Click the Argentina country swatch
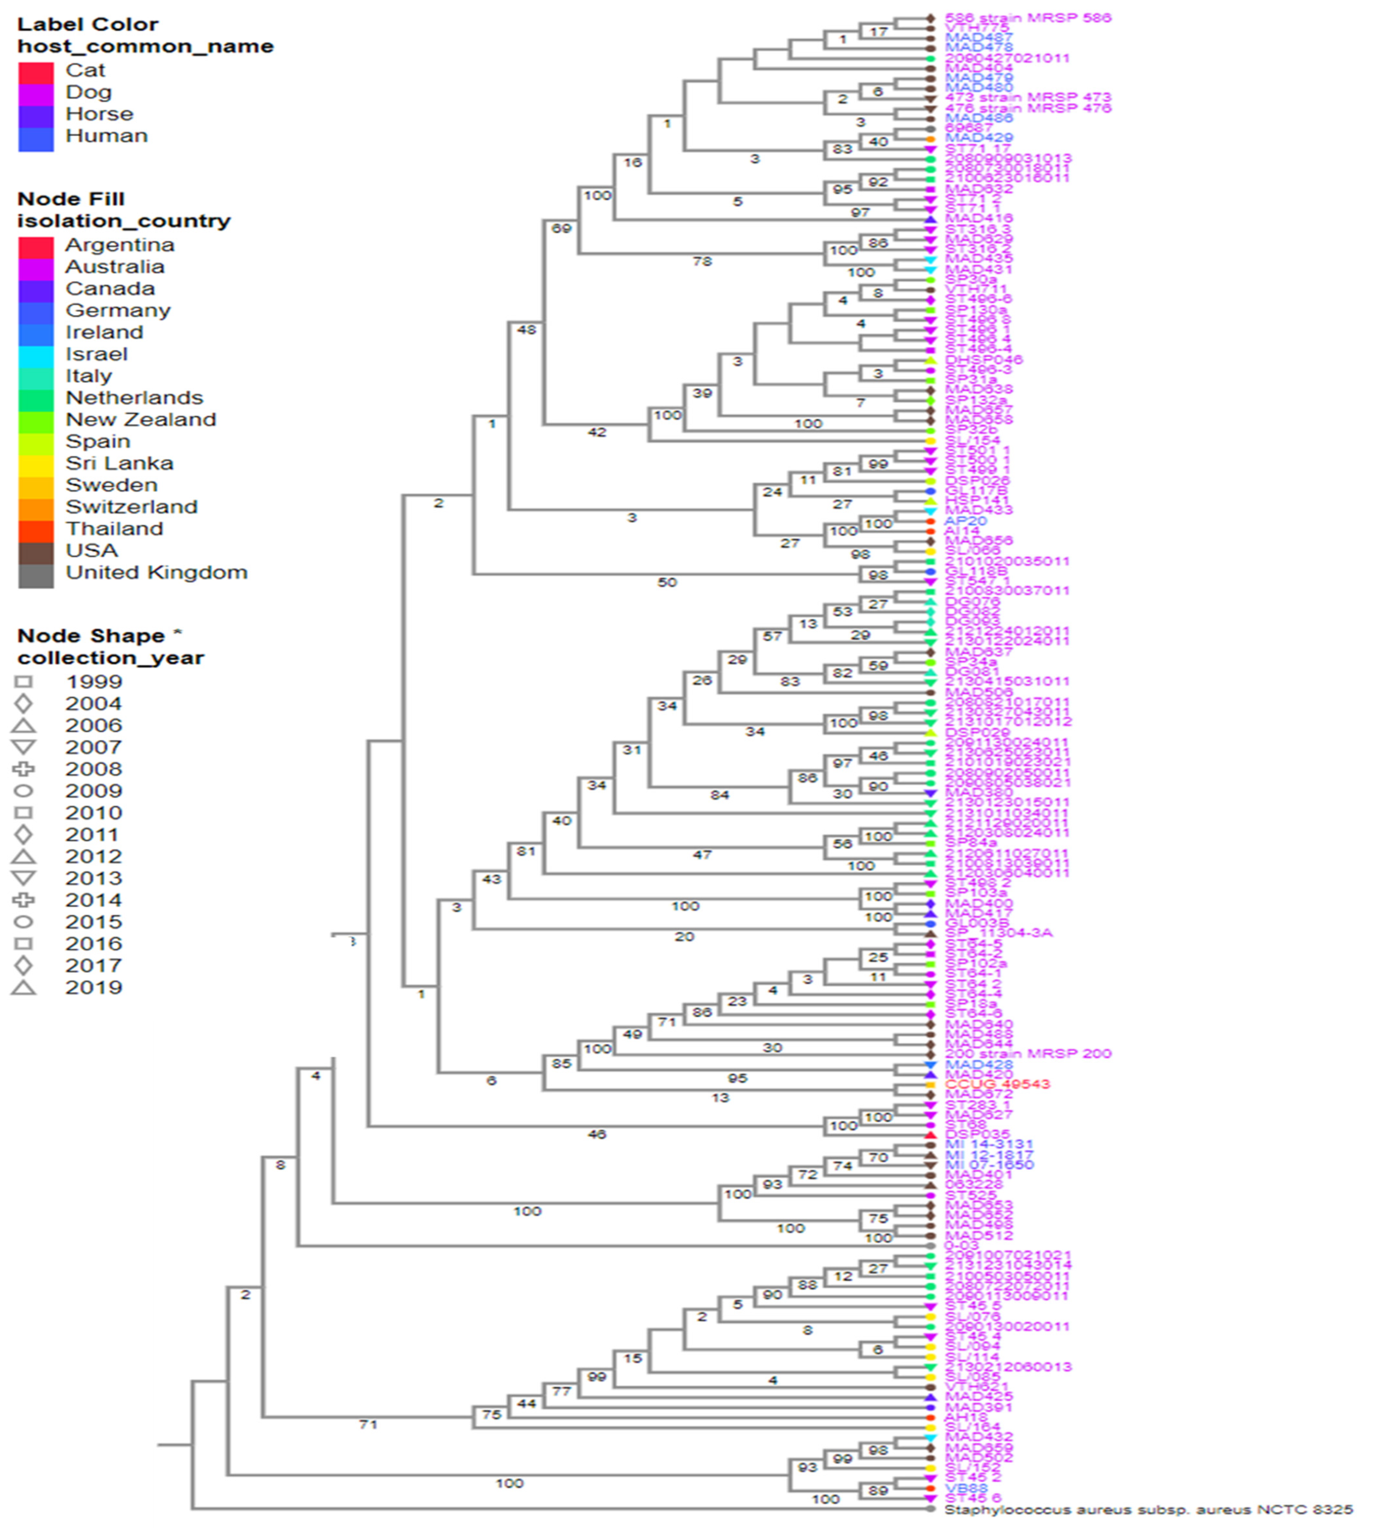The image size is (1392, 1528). click(36, 247)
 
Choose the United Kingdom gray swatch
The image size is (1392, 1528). click(36, 575)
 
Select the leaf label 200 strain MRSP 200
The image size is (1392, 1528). click(1027, 1053)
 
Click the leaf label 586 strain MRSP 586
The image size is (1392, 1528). click(1027, 17)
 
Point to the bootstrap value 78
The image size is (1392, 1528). click(702, 262)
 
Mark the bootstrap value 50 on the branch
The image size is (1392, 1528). click(666, 582)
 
